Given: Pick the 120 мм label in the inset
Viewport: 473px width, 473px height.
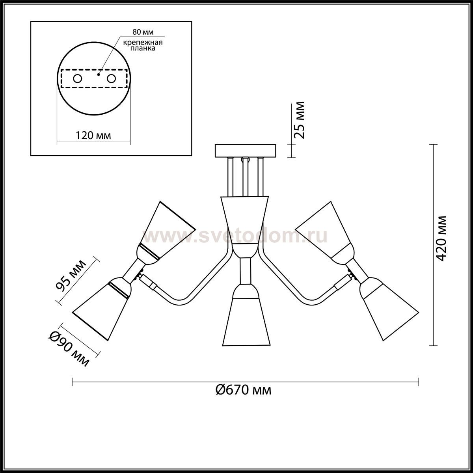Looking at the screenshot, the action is tap(93, 135).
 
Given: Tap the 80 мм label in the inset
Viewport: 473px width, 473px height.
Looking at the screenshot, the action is tap(143, 32).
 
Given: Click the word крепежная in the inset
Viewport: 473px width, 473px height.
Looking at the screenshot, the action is tap(143, 43).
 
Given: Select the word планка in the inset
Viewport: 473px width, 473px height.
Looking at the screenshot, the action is tap(143, 48).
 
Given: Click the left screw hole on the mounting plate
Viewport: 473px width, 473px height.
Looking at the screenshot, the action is tap(78, 79).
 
